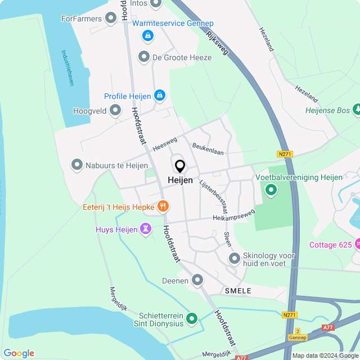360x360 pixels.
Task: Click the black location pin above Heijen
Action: [x=180, y=166]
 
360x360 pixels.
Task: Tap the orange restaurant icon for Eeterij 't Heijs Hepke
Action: [x=163, y=206]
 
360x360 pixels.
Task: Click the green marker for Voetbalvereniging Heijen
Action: [x=271, y=190]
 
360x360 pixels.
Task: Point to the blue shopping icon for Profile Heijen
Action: [x=160, y=96]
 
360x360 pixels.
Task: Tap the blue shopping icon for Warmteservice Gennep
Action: [x=147, y=36]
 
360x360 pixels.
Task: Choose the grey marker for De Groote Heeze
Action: [x=144, y=57]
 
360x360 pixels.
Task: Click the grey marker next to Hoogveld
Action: [x=115, y=111]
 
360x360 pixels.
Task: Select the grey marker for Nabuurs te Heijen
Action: [x=76, y=165]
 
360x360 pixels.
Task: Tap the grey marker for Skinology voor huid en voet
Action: [x=235, y=258]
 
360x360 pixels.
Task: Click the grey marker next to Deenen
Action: [x=197, y=280]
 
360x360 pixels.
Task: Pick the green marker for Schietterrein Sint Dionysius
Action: [x=192, y=319]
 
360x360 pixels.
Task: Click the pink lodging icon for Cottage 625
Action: [x=357, y=244]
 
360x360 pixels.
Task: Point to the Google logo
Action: [x=19, y=353]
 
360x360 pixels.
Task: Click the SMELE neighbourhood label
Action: [x=238, y=290]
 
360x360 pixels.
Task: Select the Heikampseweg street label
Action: [x=233, y=215]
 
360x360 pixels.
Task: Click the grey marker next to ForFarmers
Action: [x=111, y=19]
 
